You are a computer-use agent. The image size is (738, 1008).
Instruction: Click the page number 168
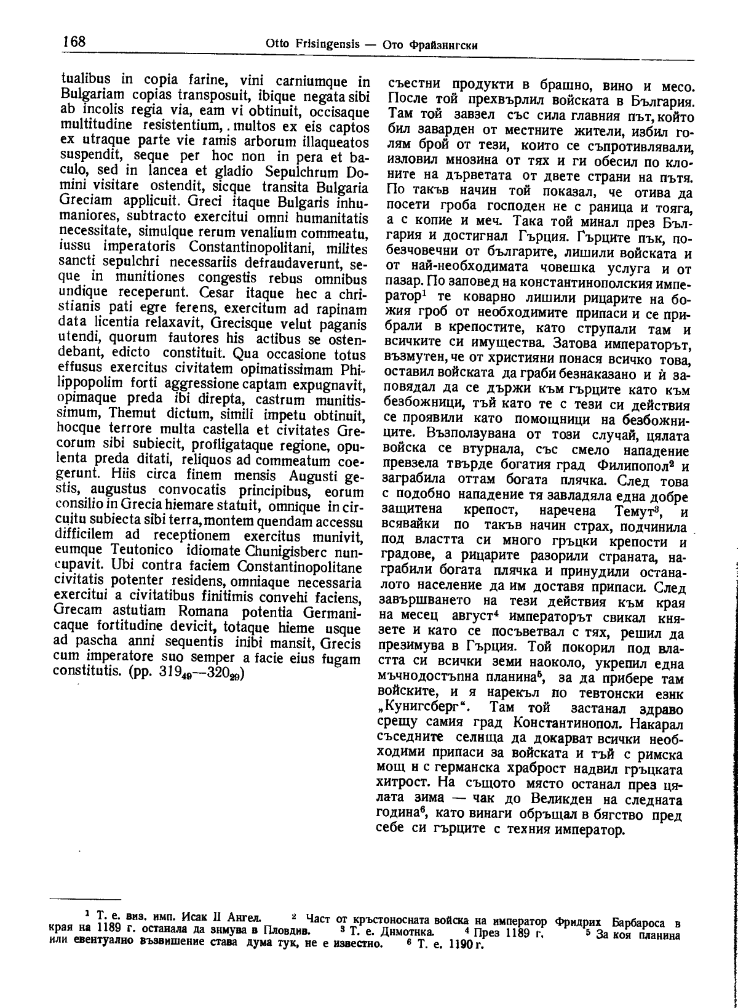(74, 42)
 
